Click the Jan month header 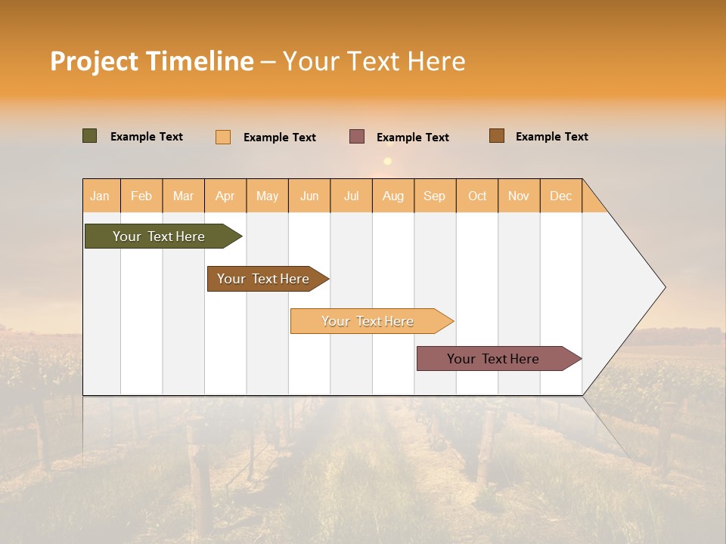100,196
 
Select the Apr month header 225,196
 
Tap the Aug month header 393,196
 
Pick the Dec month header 561,196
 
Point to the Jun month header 309,196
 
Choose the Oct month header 477,196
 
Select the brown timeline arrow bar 265,279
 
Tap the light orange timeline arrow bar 369,321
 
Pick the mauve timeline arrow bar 495,359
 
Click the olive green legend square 89,136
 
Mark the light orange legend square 222,137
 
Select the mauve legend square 356,137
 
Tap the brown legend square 496,136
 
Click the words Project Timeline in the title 151,61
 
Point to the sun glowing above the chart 388,161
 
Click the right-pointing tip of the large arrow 662,287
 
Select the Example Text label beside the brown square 551,137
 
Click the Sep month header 435,196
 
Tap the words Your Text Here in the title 374,61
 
